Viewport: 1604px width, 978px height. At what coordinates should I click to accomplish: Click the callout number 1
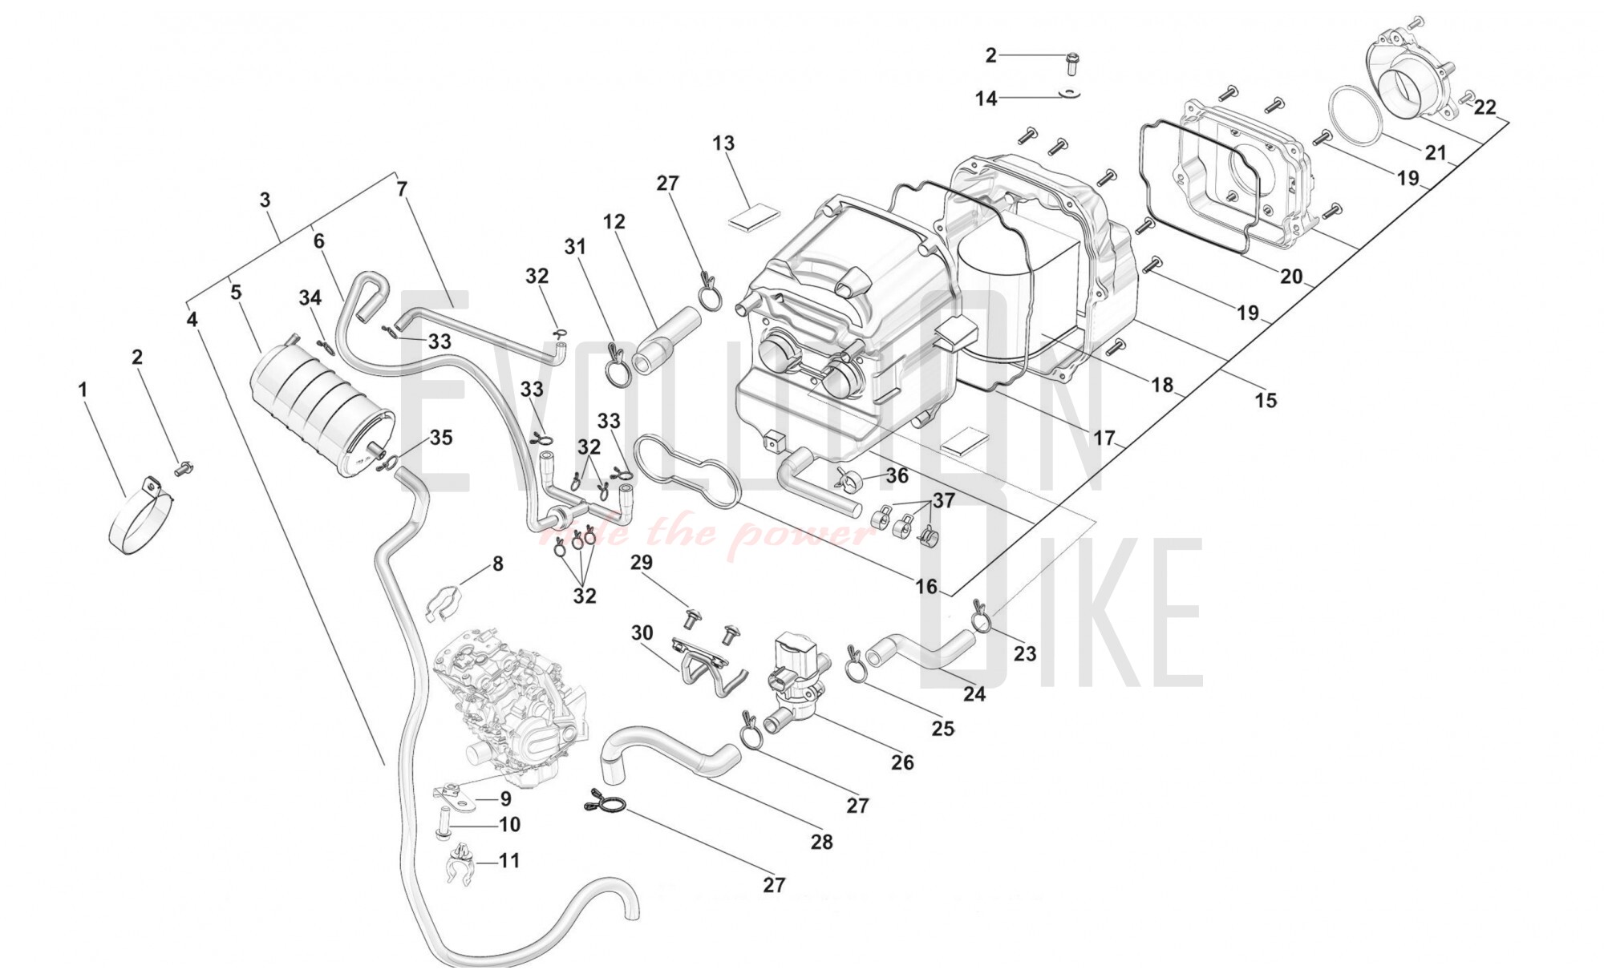tap(83, 390)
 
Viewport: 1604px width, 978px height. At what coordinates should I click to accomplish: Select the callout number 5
tap(236, 293)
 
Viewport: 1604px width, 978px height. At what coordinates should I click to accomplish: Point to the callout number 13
tap(723, 143)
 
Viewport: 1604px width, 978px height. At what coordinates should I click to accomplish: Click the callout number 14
tap(986, 99)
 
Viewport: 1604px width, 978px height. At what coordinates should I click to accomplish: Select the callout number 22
tap(1485, 107)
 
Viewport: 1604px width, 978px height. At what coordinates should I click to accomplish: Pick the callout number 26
tap(902, 762)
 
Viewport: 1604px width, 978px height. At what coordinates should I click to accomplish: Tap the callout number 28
tap(821, 842)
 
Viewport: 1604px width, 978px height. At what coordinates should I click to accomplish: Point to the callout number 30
tap(642, 633)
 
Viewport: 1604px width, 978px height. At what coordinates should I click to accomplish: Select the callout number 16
tap(926, 587)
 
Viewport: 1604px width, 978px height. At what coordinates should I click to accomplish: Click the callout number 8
tap(497, 564)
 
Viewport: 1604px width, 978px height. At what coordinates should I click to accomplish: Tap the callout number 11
tap(508, 861)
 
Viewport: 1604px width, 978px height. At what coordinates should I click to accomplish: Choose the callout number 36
tap(897, 475)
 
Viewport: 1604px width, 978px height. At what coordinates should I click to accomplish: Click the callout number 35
tap(441, 438)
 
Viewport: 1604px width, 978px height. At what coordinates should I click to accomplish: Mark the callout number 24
tap(974, 694)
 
